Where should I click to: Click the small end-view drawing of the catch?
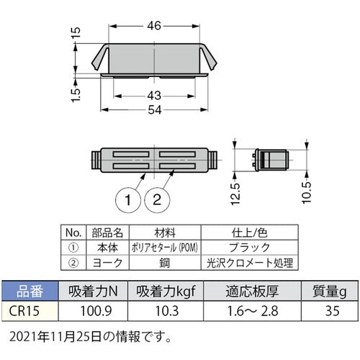(271, 159)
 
